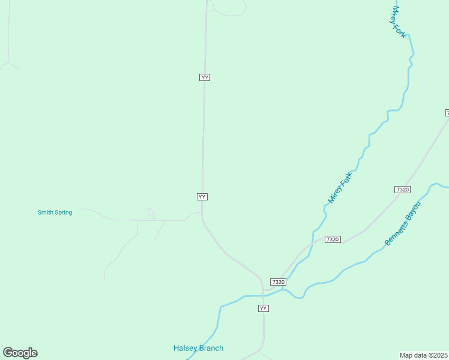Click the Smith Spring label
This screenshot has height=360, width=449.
click(55, 212)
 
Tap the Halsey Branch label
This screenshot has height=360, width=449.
click(198, 348)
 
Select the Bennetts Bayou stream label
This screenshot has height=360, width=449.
click(403, 224)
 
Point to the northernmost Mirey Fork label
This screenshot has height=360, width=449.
click(399, 22)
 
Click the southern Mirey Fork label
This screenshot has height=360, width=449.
click(340, 187)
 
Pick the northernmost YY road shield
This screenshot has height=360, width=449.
click(205, 77)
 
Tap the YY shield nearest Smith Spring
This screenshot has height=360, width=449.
click(202, 197)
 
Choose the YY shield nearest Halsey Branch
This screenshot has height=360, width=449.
click(263, 308)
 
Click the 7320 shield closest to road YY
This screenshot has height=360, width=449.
click(278, 282)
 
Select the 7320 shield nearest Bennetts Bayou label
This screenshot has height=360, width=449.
click(402, 190)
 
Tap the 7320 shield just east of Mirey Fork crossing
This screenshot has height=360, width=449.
click(333, 239)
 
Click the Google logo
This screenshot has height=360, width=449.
click(20, 353)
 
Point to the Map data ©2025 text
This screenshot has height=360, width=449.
click(424, 355)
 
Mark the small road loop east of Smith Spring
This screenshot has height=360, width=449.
click(151, 214)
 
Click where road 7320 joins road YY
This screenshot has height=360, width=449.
click(264, 290)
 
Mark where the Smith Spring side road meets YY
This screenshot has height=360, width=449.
click(202, 212)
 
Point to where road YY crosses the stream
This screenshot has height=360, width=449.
click(263, 296)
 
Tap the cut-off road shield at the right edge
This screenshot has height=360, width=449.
click(447, 113)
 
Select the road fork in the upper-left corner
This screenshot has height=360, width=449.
click(8, 62)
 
